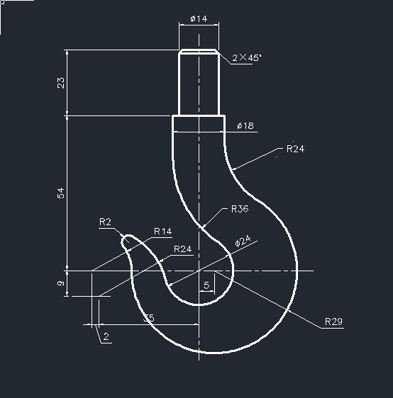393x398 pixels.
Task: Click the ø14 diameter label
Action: coord(199,18)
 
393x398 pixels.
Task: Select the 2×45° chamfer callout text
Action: coord(246,57)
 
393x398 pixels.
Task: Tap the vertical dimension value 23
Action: coord(60,82)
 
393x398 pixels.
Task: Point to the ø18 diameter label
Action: coord(245,126)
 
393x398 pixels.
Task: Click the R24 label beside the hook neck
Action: coord(296,149)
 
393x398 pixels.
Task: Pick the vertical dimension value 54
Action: coord(60,192)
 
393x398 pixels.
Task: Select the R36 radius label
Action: coord(239,210)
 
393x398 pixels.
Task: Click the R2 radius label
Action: coord(105,222)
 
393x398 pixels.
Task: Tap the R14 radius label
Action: coord(162,232)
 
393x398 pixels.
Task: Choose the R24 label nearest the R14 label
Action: coord(182,249)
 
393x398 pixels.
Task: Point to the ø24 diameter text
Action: coord(243,241)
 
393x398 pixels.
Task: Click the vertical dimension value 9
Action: coord(60,283)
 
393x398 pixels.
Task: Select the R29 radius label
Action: coord(333,322)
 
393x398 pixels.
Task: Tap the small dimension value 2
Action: coord(106,338)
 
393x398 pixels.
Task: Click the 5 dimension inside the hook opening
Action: coord(206,285)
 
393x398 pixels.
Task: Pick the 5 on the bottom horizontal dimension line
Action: coord(150,319)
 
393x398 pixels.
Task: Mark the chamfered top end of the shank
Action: coord(199,51)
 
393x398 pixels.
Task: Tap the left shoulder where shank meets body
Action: coord(174,115)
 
